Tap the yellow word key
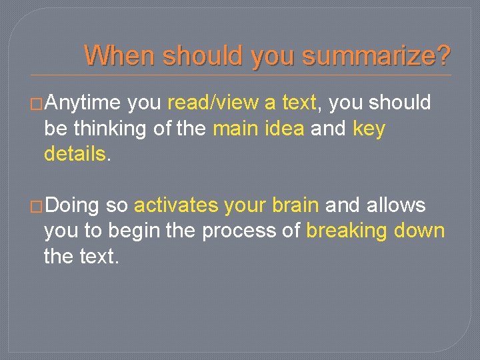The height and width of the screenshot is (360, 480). pos(368,129)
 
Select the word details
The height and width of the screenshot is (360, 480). pos(75,154)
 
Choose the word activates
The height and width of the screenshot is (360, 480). pos(176,205)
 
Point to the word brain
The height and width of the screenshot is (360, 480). pos(294,205)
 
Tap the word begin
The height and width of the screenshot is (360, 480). pos(127,231)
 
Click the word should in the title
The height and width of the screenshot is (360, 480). pos(204,55)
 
